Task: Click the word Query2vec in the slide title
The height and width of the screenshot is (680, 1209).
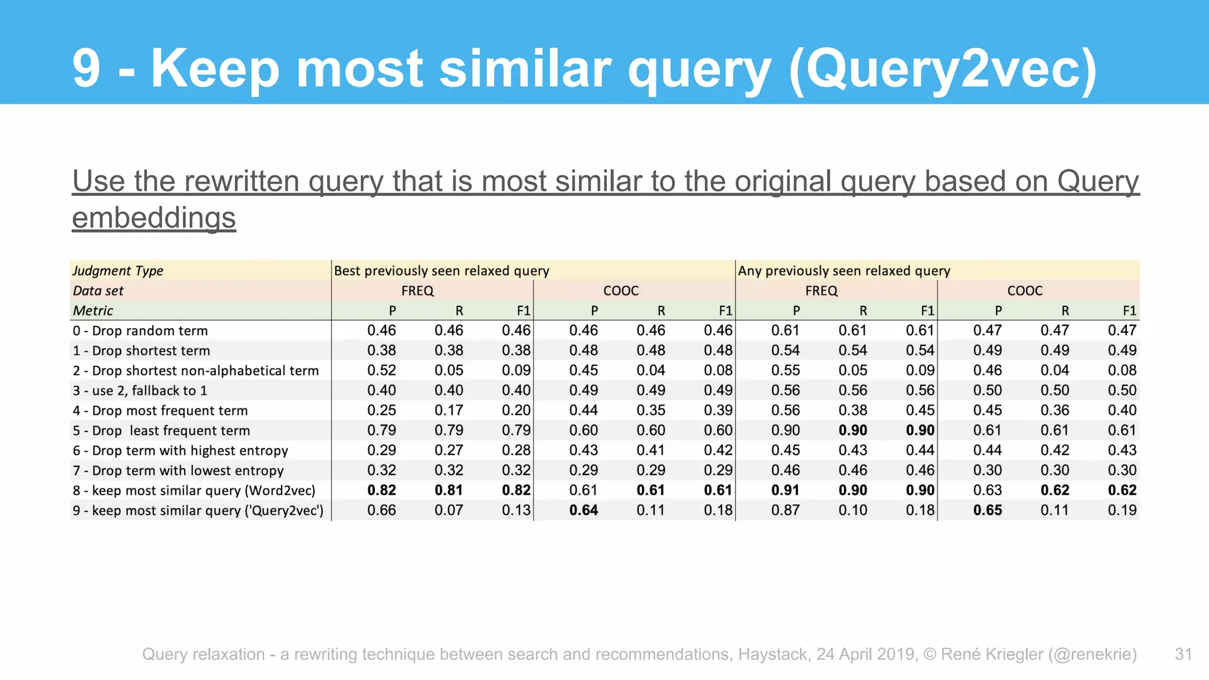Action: click(943, 70)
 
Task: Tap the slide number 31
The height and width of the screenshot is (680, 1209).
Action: click(1184, 654)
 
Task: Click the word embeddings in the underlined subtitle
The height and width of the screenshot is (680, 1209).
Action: click(154, 218)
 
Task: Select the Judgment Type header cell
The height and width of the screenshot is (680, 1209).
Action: click(118, 270)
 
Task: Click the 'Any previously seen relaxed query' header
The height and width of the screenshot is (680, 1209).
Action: click(844, 270)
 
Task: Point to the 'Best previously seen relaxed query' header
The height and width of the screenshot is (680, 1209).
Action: click(442, 270)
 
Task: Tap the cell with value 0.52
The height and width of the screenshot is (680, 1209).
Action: click(381, 370)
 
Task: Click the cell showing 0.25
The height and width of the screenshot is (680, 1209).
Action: click(381, 410)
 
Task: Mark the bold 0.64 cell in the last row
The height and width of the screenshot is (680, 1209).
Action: click(583, 510)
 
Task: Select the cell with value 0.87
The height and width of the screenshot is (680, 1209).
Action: click(785, 510)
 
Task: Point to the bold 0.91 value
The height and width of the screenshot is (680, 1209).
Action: click(785, 490)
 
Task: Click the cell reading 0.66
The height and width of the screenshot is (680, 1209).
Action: click(381, 510)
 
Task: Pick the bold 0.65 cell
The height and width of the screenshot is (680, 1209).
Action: click(987, 510)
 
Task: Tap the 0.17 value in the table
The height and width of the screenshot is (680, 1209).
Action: click(449, 410)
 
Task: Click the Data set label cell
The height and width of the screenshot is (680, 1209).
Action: click(98, 290)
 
